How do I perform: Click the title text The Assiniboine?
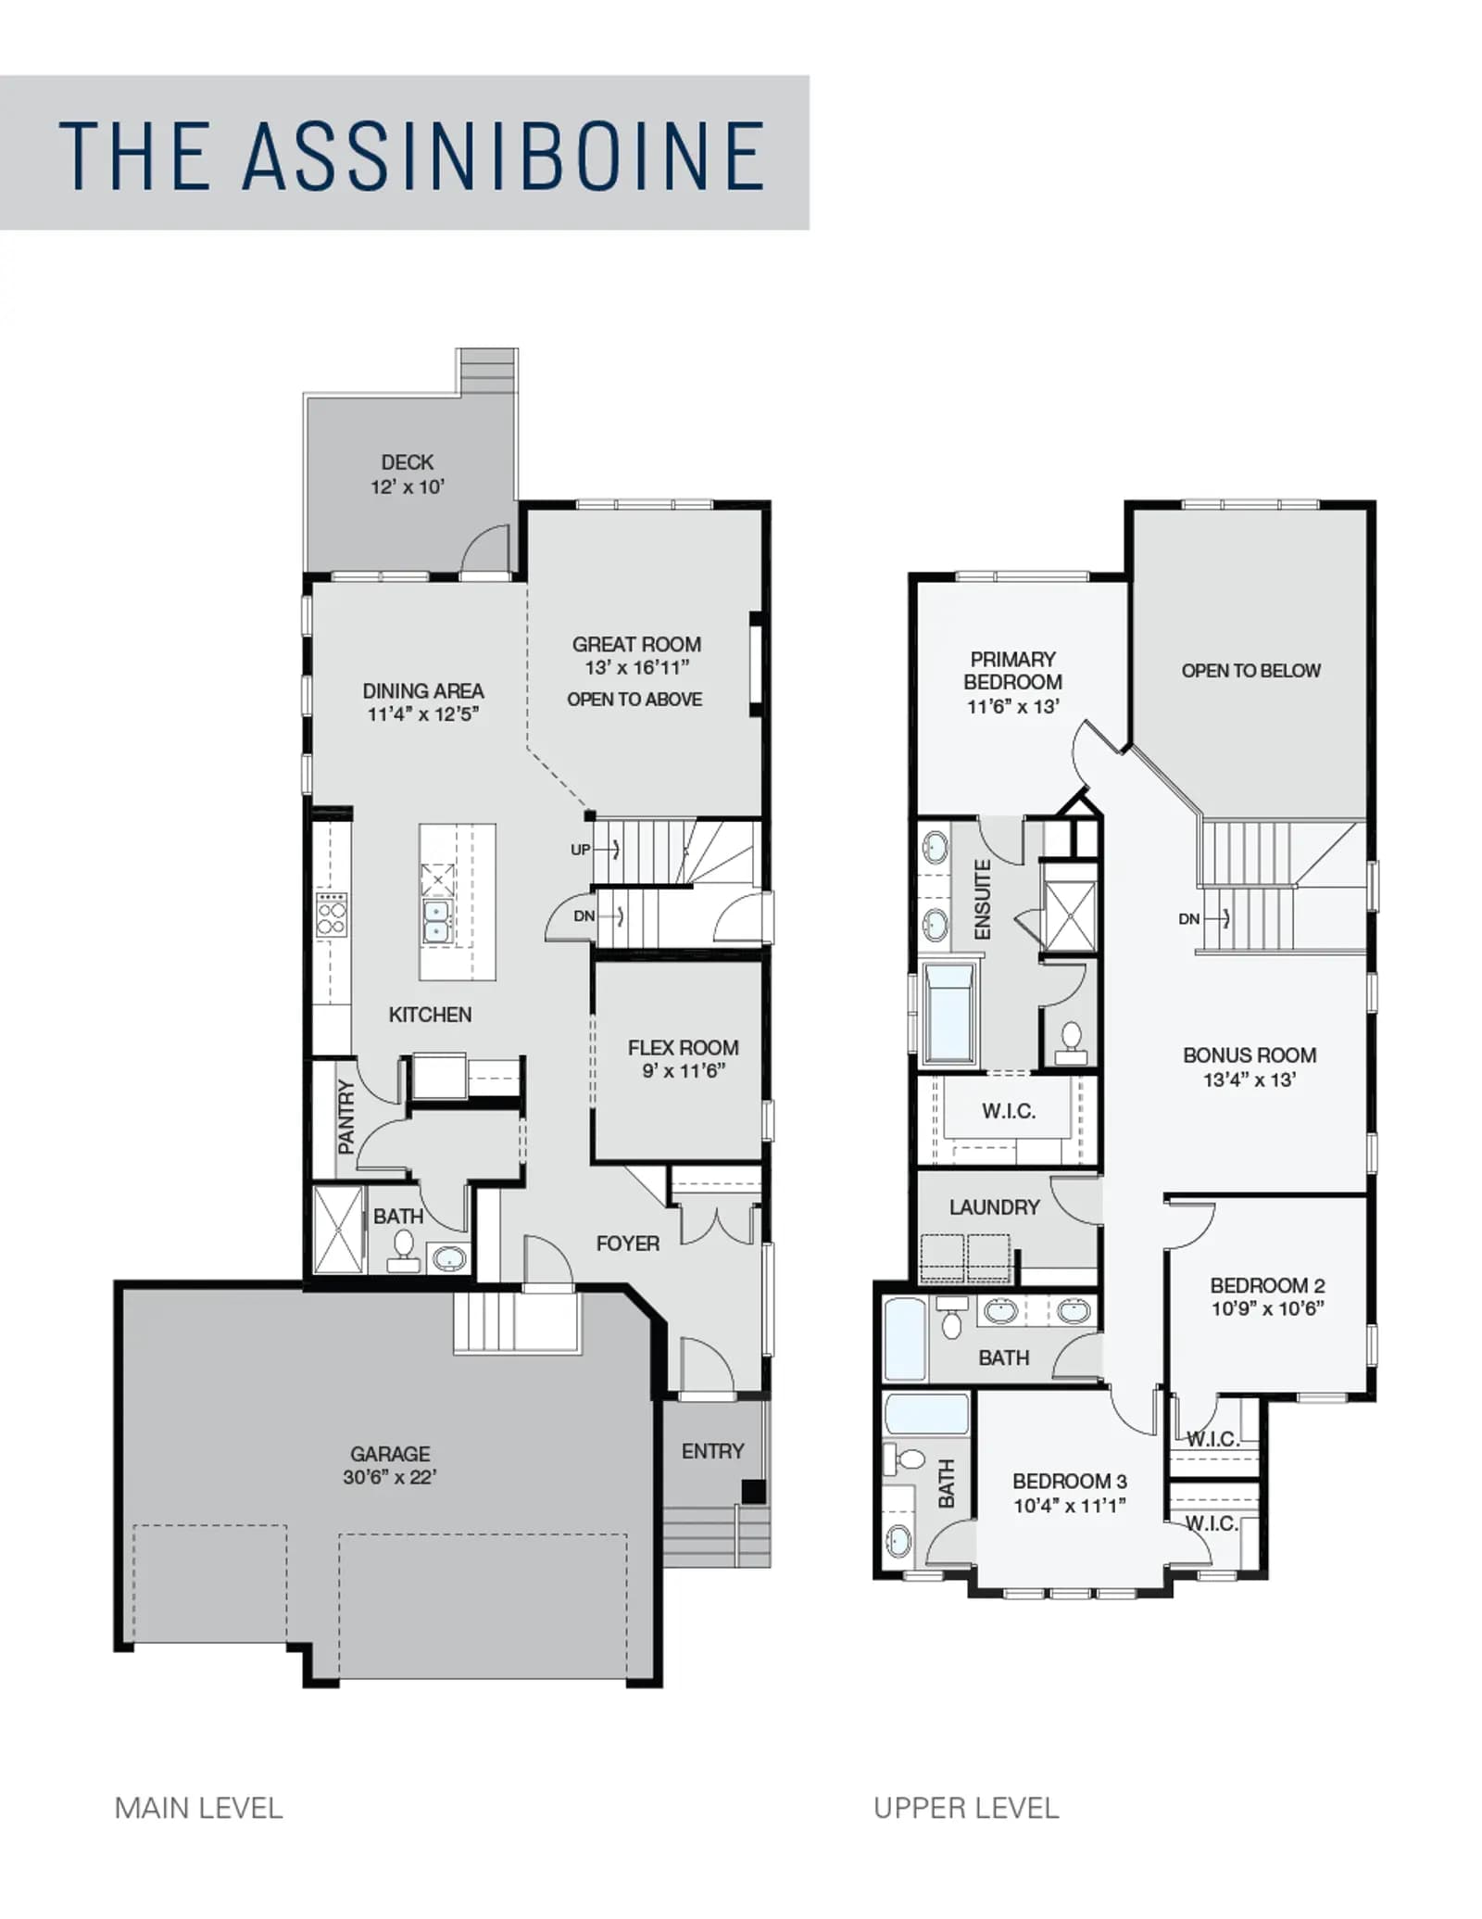412,155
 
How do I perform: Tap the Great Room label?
636,644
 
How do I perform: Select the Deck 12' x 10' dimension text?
408,486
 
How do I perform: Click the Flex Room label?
684,1047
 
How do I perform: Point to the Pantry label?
346,1117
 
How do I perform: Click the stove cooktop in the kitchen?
332,915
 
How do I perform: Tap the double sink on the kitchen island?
437,921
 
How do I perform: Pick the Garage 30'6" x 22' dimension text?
390,1477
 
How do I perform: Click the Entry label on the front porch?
712,1451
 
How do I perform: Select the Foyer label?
628,1244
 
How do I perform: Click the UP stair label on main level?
580,850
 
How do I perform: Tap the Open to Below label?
1250,670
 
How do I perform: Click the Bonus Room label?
1250,1054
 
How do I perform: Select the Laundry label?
994,1206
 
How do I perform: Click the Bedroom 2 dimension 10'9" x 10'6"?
1268,1308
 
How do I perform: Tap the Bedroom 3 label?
1070,1481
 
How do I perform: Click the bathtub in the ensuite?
949,1012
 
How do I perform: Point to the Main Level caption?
198,1808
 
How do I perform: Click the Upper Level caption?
966,1808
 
